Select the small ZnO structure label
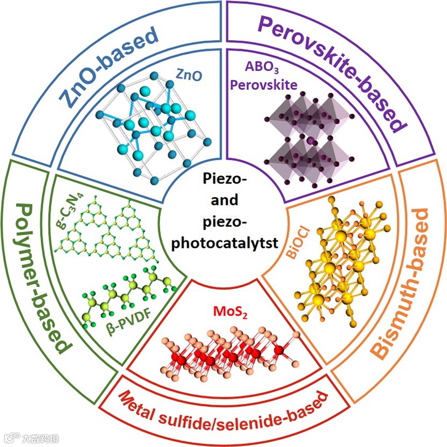(188, 76)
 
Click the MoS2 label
(228, 312)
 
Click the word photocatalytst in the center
(223, 241)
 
